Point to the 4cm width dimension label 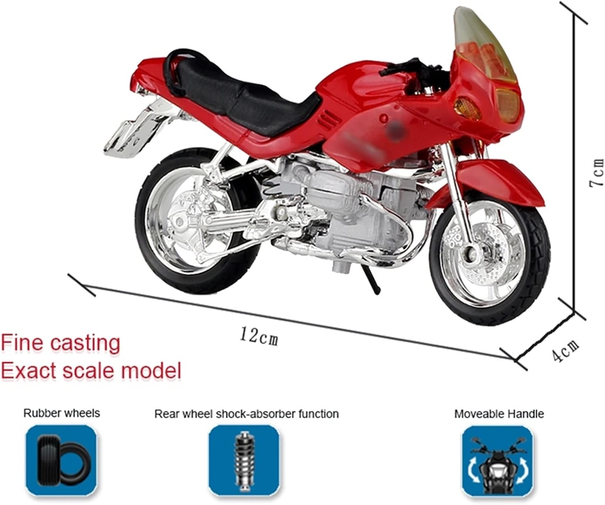565,350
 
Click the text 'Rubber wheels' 61,413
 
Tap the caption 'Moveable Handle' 499,414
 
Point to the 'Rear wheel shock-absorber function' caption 246,414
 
